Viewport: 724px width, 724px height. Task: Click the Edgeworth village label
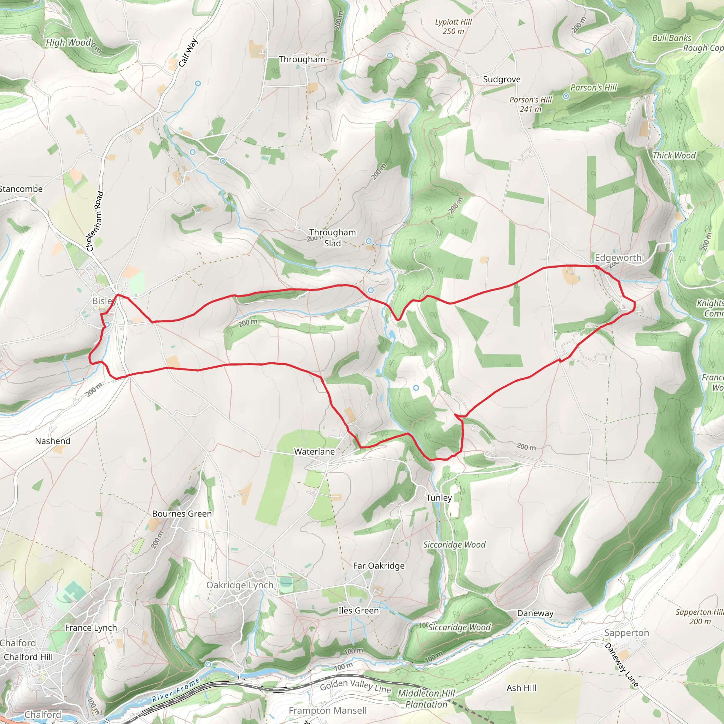tap(618, 258)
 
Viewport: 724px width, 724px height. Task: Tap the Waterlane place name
tap(314, 451)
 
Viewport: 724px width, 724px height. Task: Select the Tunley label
tap(439, 498)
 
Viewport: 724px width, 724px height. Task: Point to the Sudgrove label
tap(501, 80)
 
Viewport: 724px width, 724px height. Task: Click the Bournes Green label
tap(182, 514)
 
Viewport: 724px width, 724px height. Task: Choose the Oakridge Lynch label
tap(240, 585)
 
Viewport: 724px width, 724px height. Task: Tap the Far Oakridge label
tap(379, 566)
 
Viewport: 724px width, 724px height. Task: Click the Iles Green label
tap(358, 611)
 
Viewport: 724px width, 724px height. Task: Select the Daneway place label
tap(535, 613)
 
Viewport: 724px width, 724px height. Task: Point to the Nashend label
tap(52, 441)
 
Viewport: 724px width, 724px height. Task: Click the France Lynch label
tap(91, 628)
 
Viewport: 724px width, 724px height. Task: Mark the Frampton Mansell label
tap(327, 711)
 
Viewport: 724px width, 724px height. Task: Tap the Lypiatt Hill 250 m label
tap(453, 27)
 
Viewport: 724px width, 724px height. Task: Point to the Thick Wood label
tap(674, 156)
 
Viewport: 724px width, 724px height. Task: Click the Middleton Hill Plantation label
tap(426, 699)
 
